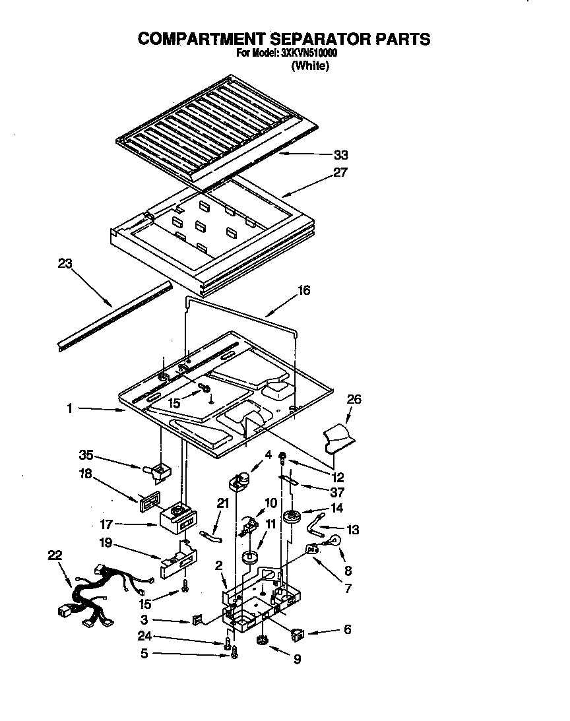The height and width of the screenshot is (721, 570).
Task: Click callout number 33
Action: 340,156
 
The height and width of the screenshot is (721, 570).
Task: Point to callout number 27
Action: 340,173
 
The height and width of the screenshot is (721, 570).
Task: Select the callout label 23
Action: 64,263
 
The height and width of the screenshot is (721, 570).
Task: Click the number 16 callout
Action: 303,290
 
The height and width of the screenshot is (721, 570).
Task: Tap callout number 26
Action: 354,399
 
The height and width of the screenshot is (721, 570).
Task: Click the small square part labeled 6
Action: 297,635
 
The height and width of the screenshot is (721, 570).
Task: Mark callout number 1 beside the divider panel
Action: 69,409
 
